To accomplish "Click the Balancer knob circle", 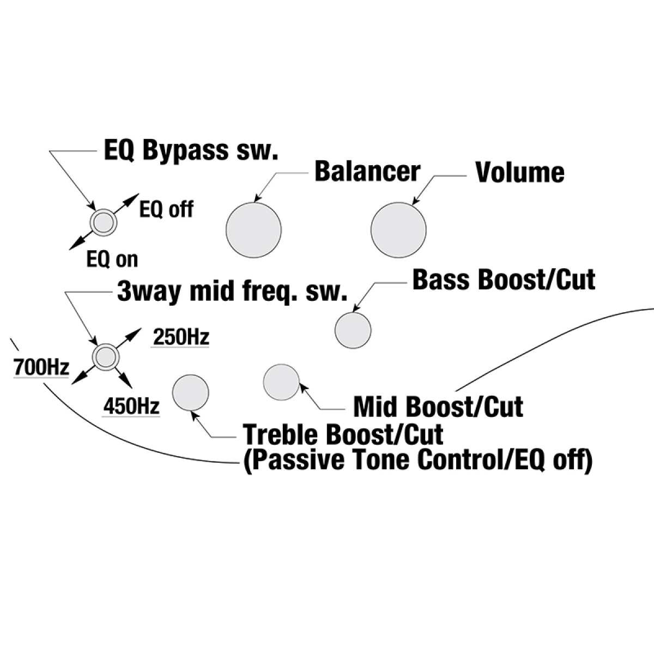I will (x=253, y=229).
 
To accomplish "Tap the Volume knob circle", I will (x=398, y=229).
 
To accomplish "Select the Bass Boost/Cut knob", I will (x=353, y=330).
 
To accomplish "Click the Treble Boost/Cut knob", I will (x=190, y=392).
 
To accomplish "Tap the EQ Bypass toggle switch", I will (x=102, y=222).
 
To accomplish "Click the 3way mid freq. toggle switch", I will (x=104, y=357).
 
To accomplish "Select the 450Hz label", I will (x=131, y=406).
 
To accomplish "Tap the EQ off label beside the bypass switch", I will (x=166, y=209).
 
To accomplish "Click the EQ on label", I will (x=112, y=260).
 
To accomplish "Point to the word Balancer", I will (x=367, y=171).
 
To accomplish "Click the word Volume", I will (x=520, y=172).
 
